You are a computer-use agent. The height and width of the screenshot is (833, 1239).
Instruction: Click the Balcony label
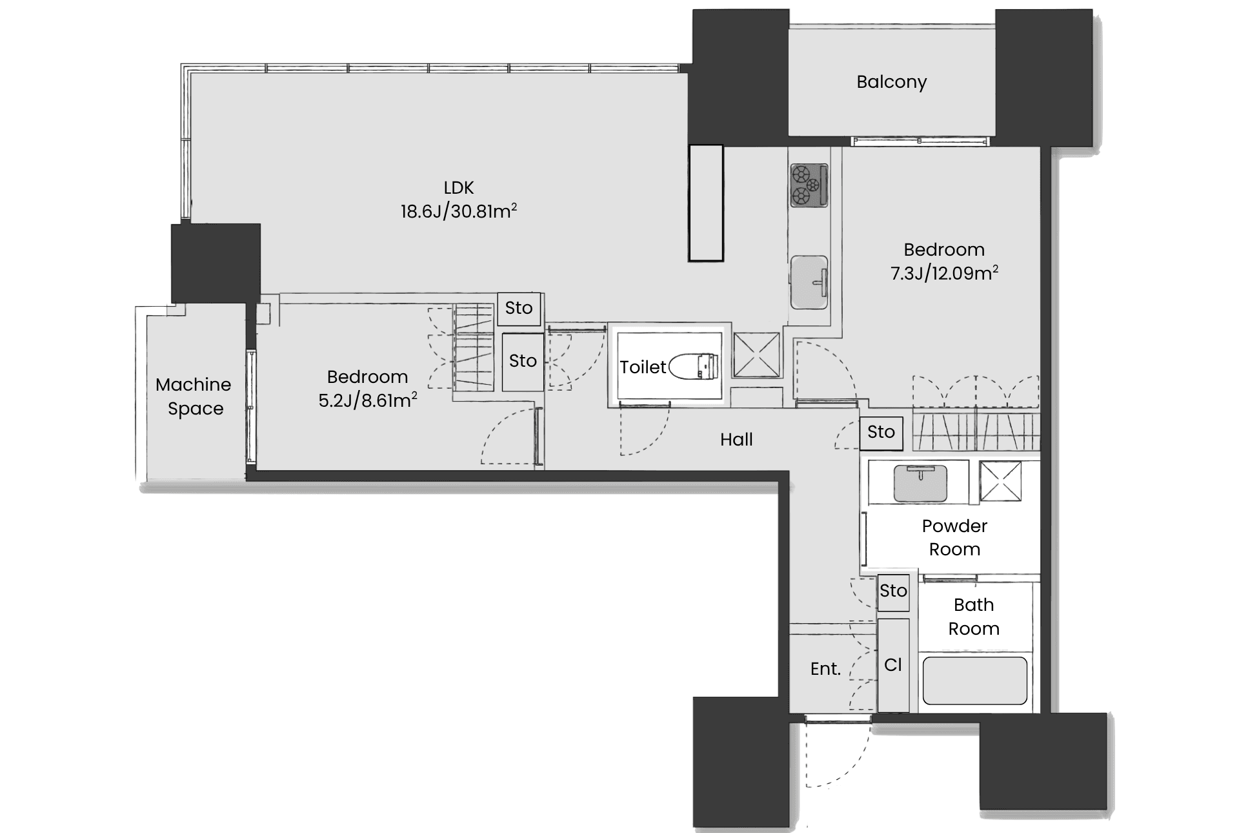click(x=891, y=82)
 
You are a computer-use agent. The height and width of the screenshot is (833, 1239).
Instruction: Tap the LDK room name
click(x=459, y=188)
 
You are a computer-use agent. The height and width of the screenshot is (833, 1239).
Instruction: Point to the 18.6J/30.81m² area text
click(x=459, y=211)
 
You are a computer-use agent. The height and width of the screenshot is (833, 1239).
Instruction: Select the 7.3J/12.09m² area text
click(x=944, y=273)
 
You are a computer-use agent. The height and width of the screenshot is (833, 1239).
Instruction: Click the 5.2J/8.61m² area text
click(x=368, y=400)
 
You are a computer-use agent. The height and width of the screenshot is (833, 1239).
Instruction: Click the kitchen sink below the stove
click(x=809, y=282)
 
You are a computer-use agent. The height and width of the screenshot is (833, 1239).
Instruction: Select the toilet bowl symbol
click(x=694, y=366)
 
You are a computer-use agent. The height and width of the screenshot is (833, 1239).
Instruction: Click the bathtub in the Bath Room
click(x=974, y=681)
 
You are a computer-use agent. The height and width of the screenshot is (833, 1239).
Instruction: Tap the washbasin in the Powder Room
click(x=920, y=483)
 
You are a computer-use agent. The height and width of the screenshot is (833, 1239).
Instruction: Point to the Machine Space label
click(x=194, y=396)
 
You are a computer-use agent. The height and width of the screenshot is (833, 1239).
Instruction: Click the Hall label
click(x=736, y=440)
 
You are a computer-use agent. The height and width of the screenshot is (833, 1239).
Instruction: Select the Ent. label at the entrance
click(x=825, y=669)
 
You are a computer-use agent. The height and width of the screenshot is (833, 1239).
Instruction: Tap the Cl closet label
click(x=893, y=664)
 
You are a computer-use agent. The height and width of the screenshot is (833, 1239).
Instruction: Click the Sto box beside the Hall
click(x=881, y=432)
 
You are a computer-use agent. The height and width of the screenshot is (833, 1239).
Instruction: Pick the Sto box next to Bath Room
click(x=894, y=591)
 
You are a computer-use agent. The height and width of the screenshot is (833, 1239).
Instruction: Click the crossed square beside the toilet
click(x=756, y=355)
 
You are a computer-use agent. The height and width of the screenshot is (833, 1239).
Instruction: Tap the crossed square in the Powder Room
click(x=1000, y=480)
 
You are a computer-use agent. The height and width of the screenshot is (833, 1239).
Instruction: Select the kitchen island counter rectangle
click(x=706, y=203)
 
